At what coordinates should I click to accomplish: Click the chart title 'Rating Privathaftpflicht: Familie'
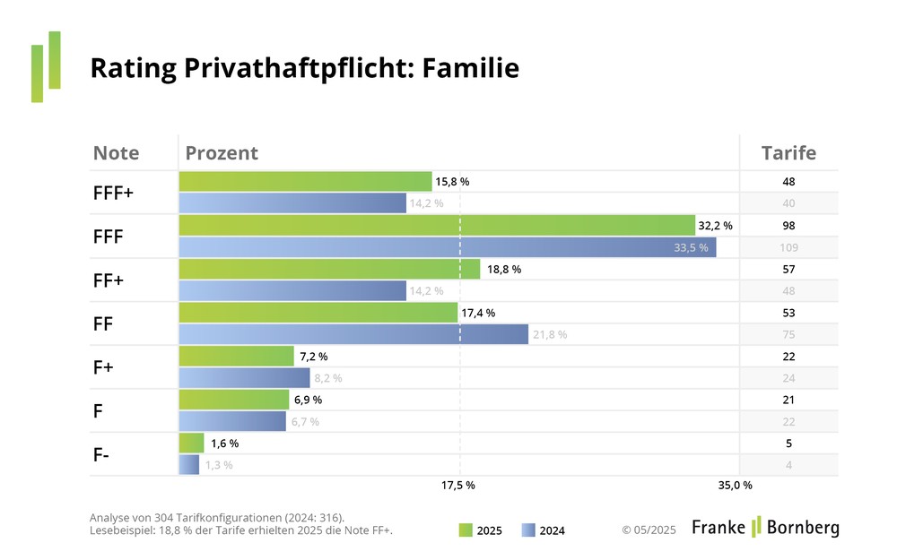point(305,68)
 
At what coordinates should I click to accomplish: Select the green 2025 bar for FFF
point(437,226)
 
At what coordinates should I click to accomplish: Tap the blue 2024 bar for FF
point(353,334)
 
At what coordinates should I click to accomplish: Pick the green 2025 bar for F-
point(192,444)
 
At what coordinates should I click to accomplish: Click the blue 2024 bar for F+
point(244,378)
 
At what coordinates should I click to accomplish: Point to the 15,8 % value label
point(452,182)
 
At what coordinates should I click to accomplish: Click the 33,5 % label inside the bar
point(691,247)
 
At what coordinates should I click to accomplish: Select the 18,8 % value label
point(503,269)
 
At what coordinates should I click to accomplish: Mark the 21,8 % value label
point(550,334)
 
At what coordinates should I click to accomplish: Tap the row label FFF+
point(113,193)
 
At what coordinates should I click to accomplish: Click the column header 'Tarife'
point(788,152)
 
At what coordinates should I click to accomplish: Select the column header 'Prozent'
point(222,152)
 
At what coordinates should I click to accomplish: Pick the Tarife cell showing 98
point(788,226)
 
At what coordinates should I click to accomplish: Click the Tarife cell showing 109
point(788,247)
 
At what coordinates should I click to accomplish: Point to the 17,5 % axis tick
point(458,486)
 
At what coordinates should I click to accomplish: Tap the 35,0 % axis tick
point(736,486)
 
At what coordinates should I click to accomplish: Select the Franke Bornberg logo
point(765,528)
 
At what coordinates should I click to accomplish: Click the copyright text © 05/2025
point(649,530)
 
